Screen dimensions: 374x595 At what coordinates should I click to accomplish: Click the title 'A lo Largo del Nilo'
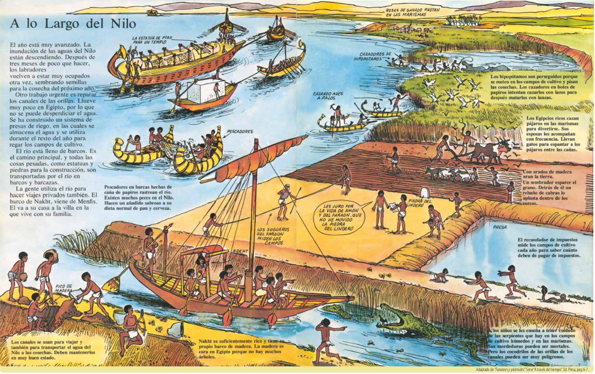73,23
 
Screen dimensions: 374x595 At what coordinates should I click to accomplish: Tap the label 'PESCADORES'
240,131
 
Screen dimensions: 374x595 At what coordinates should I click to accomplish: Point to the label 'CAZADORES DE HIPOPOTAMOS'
373,56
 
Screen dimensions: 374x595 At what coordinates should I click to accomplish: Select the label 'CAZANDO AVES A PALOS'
328,96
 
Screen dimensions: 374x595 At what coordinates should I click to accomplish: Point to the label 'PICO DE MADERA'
64,289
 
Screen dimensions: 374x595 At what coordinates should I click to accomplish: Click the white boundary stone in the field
425,192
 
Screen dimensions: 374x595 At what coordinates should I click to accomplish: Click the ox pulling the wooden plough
487,150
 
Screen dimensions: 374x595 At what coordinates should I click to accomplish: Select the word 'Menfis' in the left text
89,202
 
